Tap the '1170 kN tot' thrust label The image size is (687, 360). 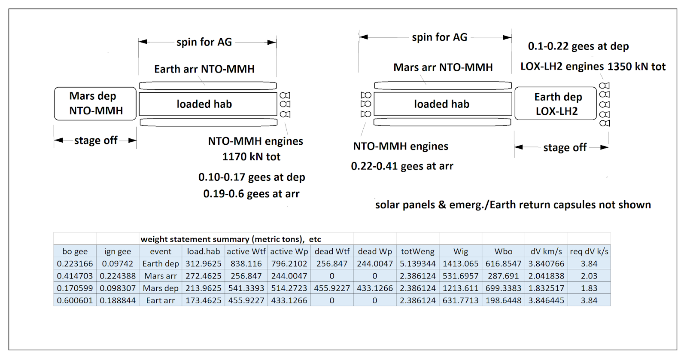[x=251, y=157]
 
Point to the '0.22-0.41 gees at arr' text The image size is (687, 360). [x=402, y=166]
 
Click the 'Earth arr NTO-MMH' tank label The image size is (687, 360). [x=204, y=69]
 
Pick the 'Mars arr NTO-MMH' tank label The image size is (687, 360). [x=443, y=67]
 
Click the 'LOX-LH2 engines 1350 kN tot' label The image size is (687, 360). [x=593, y=67]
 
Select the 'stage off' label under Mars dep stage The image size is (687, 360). [x=96, y=140]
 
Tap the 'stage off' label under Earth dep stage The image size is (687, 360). [x=565, y=148]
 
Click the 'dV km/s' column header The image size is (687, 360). [x=546, y=251]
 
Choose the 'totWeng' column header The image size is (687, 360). [x=418, y=251]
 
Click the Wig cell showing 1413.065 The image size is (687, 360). [x=461, y=264]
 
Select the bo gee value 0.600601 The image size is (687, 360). [x=75, y=300]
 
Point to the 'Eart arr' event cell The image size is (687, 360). [x=161, y=300]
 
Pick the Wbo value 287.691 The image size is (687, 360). [x=503, y=276]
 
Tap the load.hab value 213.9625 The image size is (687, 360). [x=204, y=288]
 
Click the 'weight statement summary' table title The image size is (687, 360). [x=231, y=239]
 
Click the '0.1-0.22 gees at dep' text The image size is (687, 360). [x=578, y=46]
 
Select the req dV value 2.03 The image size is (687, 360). [x=589, y=276]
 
